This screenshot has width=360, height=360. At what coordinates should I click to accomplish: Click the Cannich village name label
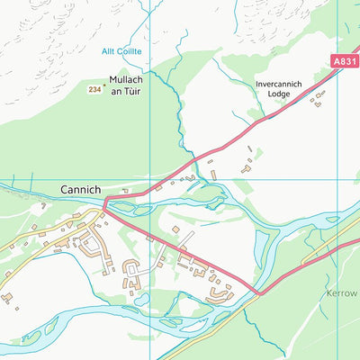click(80, 190)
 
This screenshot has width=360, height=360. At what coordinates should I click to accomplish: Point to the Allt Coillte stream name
click(121, 52)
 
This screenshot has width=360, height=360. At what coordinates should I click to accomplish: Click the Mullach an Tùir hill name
click(126, 85)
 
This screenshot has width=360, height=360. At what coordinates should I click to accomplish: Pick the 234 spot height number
click(95, 89)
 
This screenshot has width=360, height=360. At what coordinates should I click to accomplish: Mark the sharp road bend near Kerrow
click(259, 292)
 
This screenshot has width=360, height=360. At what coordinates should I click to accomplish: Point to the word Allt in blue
click(109, 52)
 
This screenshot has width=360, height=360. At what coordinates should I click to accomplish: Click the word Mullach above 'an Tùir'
click(126, 80)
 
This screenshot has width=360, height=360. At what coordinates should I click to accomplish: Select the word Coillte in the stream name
click(130, 52)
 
